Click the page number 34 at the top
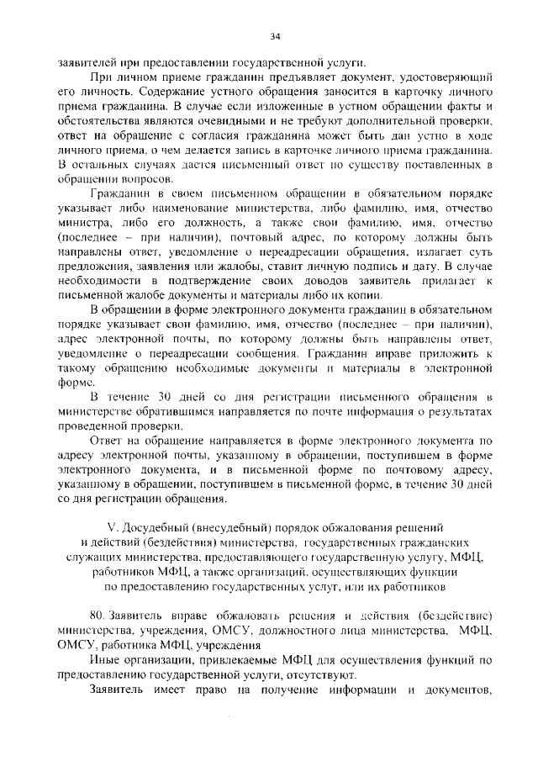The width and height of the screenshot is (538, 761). point(275,36)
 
